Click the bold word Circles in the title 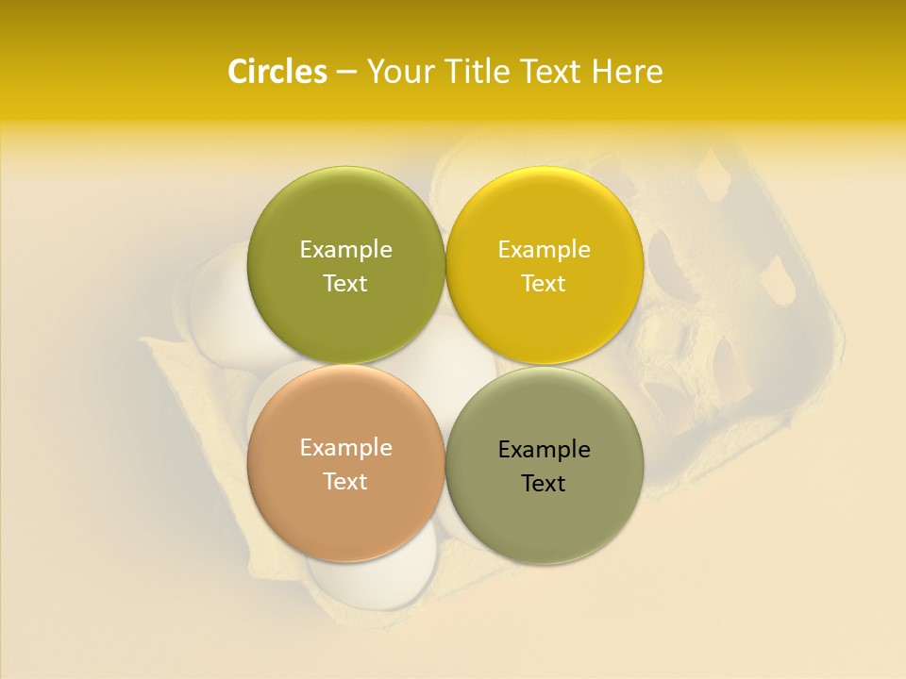point(277,72)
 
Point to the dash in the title point(346,72)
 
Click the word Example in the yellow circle point(544,250)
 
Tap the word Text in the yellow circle point(544,284)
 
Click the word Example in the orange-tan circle point(345,448)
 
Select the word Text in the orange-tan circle point(345,482)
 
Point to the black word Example point(544,450)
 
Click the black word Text point(544,484)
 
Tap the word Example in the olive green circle point(345,250)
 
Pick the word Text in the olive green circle point(345,284)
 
